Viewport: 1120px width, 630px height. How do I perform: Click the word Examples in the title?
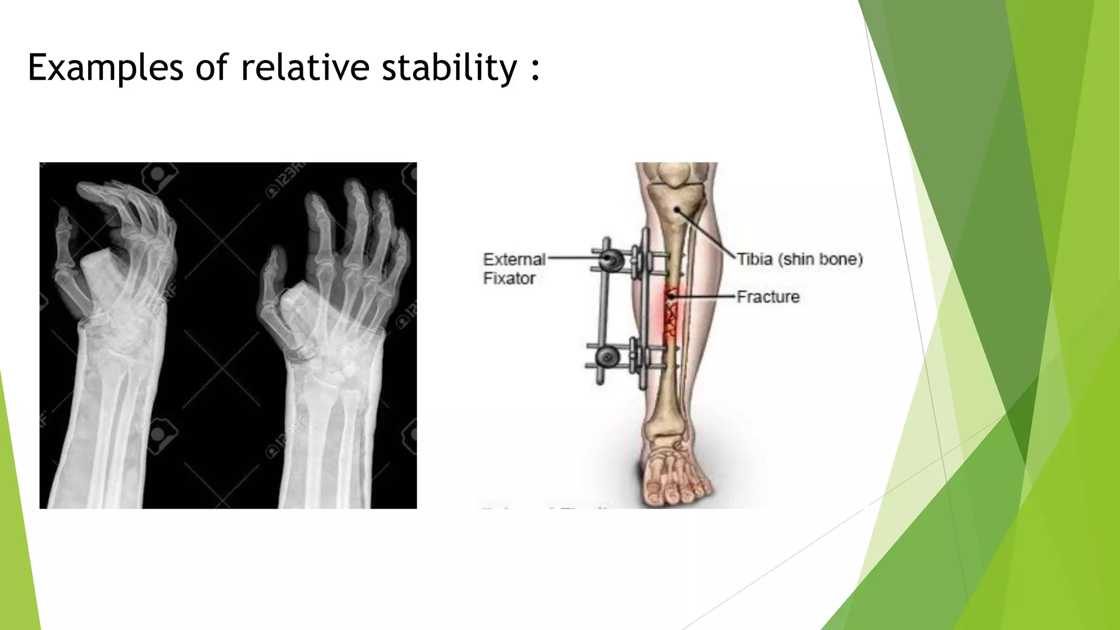coord(105,68)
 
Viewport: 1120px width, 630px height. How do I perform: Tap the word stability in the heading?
coord(448,68)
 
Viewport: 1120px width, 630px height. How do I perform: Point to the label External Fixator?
coord(514,269)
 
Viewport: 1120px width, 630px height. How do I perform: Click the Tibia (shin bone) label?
coord(800,259)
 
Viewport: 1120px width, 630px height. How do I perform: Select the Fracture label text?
coord(768,297)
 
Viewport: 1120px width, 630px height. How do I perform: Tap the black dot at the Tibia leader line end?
coord(677,209)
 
